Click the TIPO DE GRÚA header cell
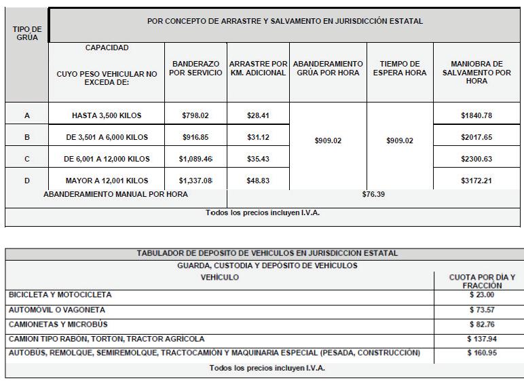pyautogui.click(x=27, y=32)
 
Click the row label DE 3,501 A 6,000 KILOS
pyautogui.click(x=106, y=137)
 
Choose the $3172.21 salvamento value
pyautogui.click(x=476, y=181)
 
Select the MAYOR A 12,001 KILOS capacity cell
pyautogui.click(x=106, y=181)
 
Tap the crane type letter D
pyautogui.click(x=27, y=181)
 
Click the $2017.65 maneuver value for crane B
pyautogui.click(x=476, y=137)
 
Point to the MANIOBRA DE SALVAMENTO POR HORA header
pyautogui.click(x=476, y=73)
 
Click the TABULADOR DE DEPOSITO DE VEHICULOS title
pyautogui.click(x=267, y=253)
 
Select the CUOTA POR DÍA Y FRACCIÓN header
pyautogui.click(x=482, y=282)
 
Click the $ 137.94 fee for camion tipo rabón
pyautogui.click(x=482, y=338)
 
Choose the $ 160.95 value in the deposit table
pyautogui.click(x=482, y=353)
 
